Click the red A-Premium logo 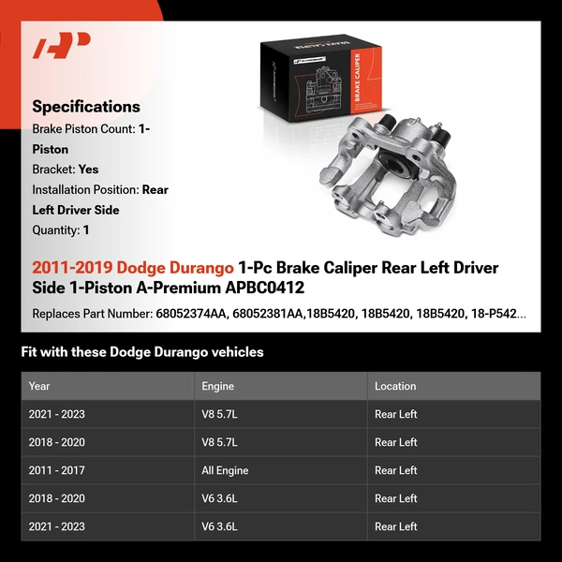[61, 45]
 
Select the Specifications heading [86, 107]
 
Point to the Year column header [39, 386]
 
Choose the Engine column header [217, 386]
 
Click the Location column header [395, 386]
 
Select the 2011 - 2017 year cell [56, 470]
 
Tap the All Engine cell [225, 470]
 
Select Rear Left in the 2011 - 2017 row [395, 470]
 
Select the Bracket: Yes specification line [65, 170]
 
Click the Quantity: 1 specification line [61, 229]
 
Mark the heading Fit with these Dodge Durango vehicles [142, 352]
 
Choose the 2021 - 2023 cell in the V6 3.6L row [56, 526]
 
